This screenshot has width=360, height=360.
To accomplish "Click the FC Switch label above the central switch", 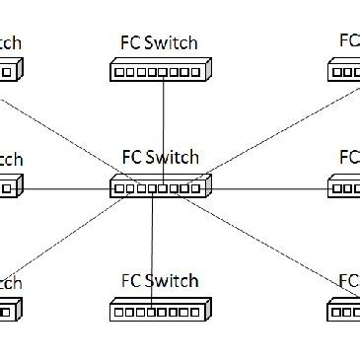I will click(x=159, y=158).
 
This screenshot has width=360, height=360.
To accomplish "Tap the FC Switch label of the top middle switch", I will click(x=159, y=43).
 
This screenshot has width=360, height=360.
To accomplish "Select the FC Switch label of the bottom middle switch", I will click(x=159, y=282).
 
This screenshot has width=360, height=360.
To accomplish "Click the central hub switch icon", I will click(x=159, y=186).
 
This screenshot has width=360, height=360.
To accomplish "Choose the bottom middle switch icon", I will click(x=159, y=311).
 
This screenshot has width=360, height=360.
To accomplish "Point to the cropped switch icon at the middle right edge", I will click(x=344, y=185).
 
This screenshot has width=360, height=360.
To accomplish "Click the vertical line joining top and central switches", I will click(x=163, y=128).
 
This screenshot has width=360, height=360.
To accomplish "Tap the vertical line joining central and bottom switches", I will click(x=152, y=247).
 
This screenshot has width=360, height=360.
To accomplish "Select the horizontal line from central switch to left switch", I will click(x=64, y=186).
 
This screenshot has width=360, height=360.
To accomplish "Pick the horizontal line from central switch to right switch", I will click(x=266, y=186).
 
